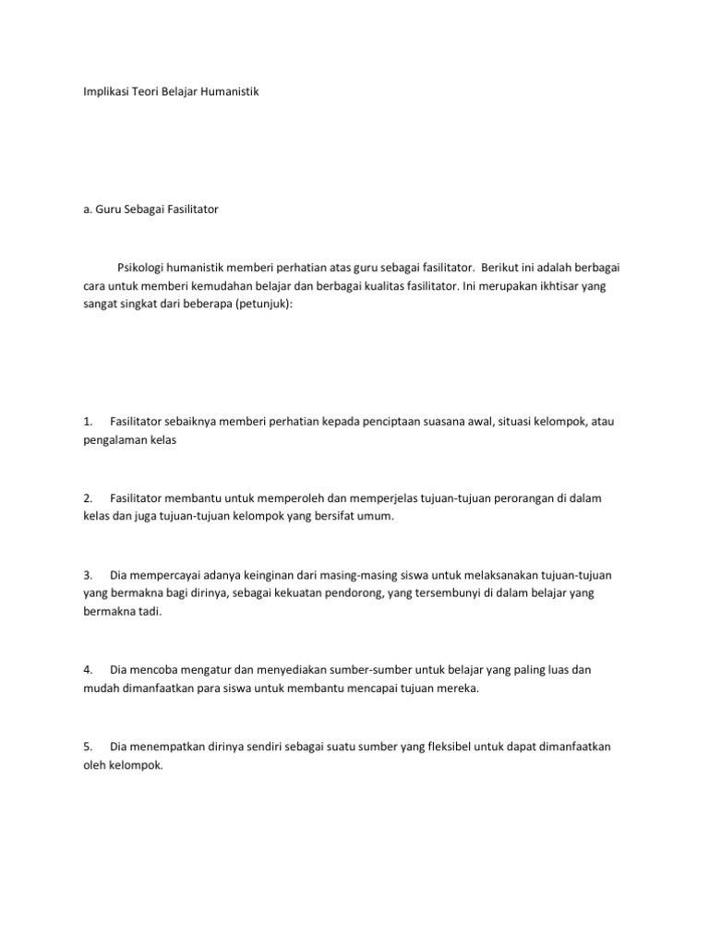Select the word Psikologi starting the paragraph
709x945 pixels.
(x=142, y=268)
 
